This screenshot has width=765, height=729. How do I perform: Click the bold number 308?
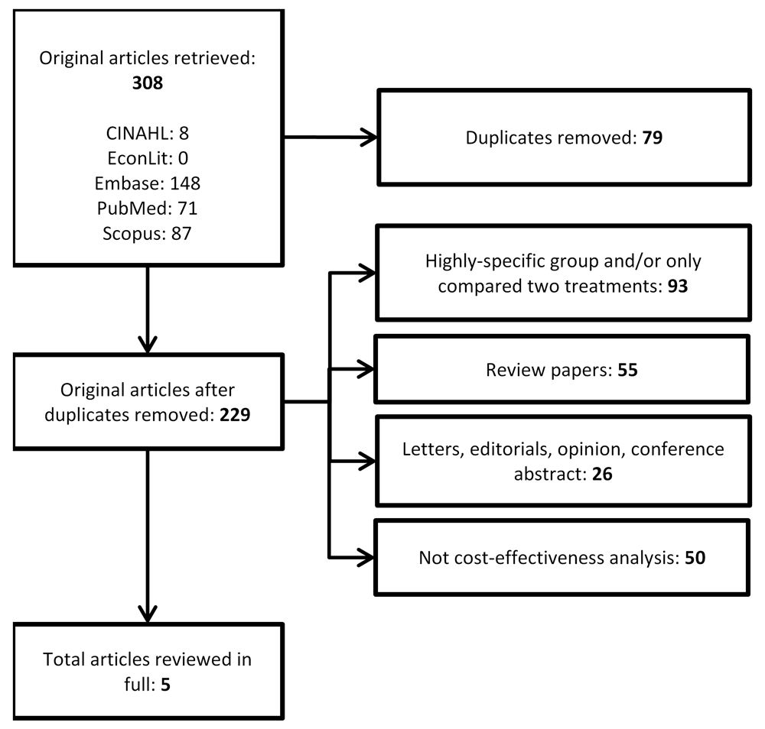(x=148, y=83)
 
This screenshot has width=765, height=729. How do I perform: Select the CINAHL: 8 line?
(x=148, y=133)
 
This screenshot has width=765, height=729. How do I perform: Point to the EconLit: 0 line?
(x=148, y=158)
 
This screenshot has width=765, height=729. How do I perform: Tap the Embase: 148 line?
(x=148, y=183)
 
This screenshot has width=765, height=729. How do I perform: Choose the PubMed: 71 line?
(x=148, y=208)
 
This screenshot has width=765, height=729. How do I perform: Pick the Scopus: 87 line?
(x=148, y=233)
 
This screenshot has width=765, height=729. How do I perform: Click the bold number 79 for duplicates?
(x=653, y=138)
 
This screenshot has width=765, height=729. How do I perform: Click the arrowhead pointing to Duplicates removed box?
(x=369, y=138)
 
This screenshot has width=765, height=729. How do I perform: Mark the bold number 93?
(x=678, y=286)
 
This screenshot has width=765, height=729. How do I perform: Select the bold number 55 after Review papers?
(x=627, y=370)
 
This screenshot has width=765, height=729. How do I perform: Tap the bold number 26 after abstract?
(x=602, y=474)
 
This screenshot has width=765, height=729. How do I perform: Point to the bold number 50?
(x=695, y=558)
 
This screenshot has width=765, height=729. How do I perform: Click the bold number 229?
(x=235, y=415)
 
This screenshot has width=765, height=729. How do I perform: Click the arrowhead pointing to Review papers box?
(x=366, y=369)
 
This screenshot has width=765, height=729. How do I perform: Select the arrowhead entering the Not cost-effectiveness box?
(x=366, y=557)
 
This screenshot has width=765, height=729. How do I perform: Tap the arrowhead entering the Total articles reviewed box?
(x=148, y=615)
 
